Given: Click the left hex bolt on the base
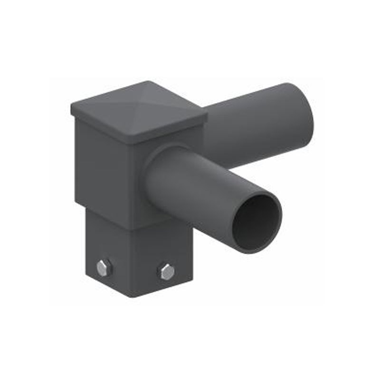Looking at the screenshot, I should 104,268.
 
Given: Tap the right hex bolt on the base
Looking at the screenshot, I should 166,271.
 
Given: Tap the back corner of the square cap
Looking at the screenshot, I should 142,83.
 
